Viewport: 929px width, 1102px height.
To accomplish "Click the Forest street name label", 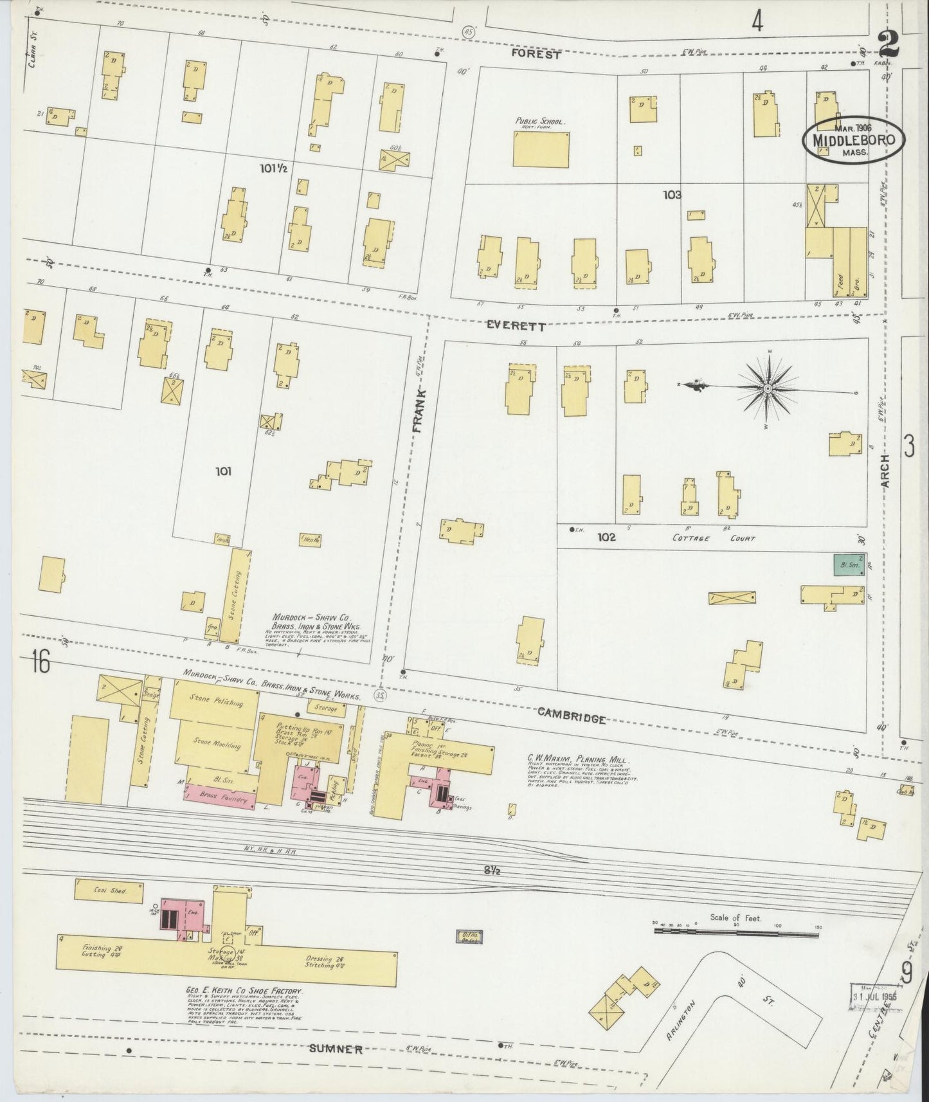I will [536, 55].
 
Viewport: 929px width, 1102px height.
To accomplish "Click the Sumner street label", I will [336, 1049].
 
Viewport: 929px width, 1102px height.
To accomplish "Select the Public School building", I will [541, 149].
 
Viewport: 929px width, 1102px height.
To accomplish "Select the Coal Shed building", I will [100, 890].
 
